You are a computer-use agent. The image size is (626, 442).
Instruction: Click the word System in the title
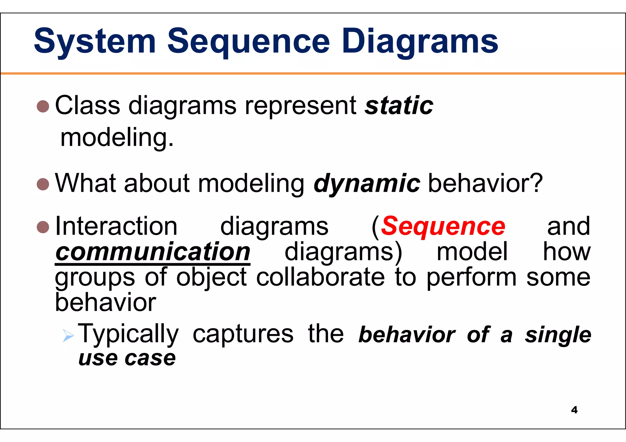(95, 42)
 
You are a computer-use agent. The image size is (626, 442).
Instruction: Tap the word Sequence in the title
(249, 42)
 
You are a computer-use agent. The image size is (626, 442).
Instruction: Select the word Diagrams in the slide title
(420, 42)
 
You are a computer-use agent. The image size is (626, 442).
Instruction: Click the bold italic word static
(399, 106)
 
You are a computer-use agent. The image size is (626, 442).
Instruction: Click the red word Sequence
(443, 226)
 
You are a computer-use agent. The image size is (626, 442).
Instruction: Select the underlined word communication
(153, 252)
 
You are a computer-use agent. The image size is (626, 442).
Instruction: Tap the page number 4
(574, 410)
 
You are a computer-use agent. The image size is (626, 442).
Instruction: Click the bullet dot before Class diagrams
(43, 106)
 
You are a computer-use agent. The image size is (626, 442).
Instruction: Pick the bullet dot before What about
(43, 184)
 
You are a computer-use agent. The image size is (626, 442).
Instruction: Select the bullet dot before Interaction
(43, 227)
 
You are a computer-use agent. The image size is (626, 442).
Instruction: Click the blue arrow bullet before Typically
(68, 335)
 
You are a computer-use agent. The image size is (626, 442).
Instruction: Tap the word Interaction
(116, 226)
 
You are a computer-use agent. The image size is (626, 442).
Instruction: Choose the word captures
(243, 334)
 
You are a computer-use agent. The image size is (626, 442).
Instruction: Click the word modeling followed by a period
(117, 138)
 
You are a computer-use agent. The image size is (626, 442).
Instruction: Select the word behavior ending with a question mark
(485, 183)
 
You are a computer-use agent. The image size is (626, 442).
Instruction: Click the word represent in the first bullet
(301, 106)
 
